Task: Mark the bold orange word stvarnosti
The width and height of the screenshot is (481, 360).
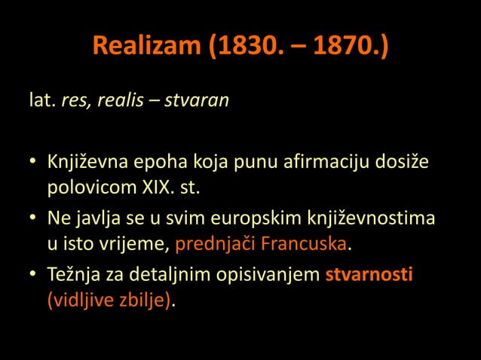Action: click(x=369, y=276)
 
